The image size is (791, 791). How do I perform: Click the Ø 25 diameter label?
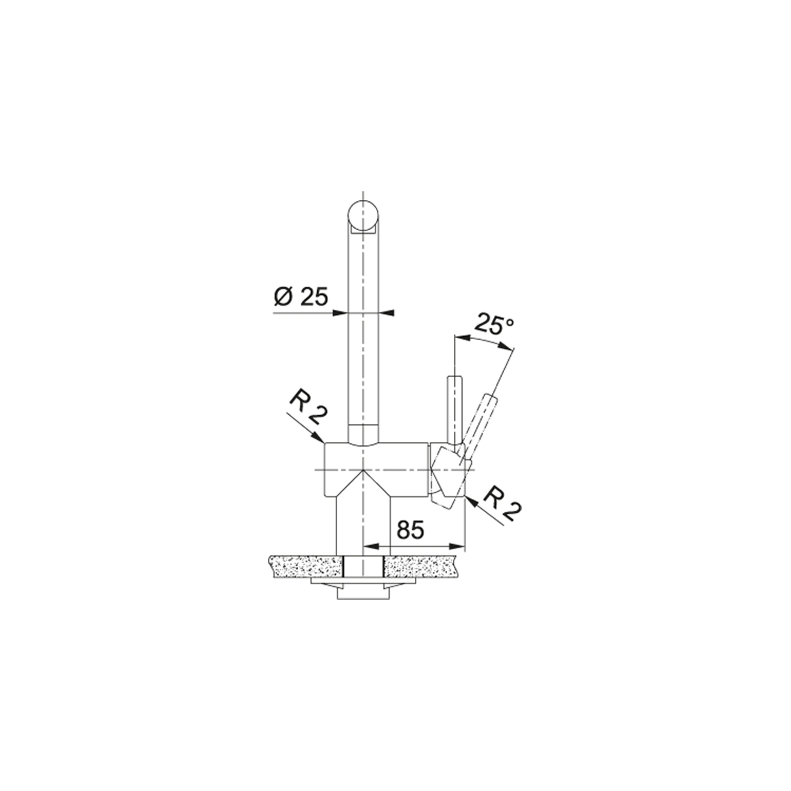[301, 297]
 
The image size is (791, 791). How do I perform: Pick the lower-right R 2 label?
[501, 504]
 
